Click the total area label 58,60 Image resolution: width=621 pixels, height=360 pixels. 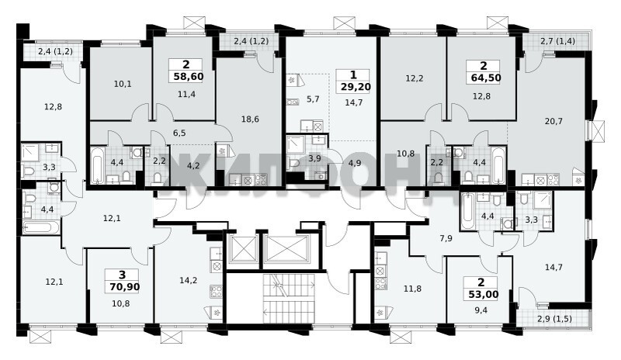pyautogui.click(x=189, y=76)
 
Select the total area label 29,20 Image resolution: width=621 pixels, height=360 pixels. pyautogui.click(x=356, y=86)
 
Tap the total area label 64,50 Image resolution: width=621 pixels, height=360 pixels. pyautogui.click(x=486, y=78)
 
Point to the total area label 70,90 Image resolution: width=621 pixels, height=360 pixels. pyautogui.click(x=125, y=286)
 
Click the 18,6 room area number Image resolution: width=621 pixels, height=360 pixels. pyautogui.click(x=250, y=119)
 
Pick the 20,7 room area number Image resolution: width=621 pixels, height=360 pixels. pyautogui.click(x=553, y=121)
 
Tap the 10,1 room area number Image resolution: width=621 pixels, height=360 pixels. pyautogui.click(x=123, y=84)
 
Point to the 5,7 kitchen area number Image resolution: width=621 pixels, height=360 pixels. pyautogui.click(x=313, y=99)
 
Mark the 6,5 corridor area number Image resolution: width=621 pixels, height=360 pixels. pyautogui.click(x=179, y=133)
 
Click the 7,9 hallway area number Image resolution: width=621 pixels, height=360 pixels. pyautogui.click(x=446, y=238)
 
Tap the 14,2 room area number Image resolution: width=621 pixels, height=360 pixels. pyautogui.click(x=188, y=280)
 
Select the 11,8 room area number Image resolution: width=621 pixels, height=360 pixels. pyautogui.click(x=412, y=289)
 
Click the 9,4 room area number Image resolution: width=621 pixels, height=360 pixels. pyautogui.click(x=480, y=310)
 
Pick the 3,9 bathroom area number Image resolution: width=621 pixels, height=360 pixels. pyautogui.click(x=314, y=158)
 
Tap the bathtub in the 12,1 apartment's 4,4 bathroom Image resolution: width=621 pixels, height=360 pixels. pyautogui.click(x=41, y=227)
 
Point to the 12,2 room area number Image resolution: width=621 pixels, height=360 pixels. pyautogui.click(x=415, y=78)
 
